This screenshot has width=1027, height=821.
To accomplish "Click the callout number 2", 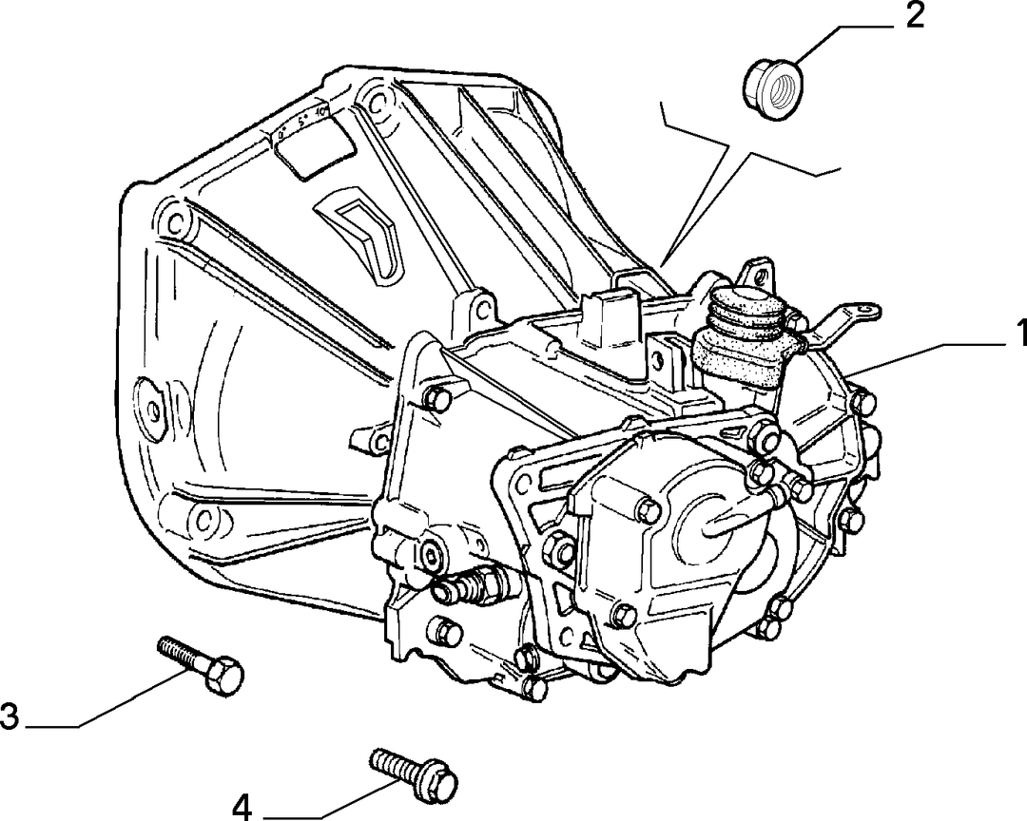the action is pyautogui.click(x=914, y=16).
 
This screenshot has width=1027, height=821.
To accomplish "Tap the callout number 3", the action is pyautogui.click(x=10, y=716).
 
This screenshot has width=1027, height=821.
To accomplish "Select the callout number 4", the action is pyautogui.click(x=242, y=808).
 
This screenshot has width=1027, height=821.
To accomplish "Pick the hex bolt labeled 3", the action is pyautogui.click(x=201, y=664).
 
